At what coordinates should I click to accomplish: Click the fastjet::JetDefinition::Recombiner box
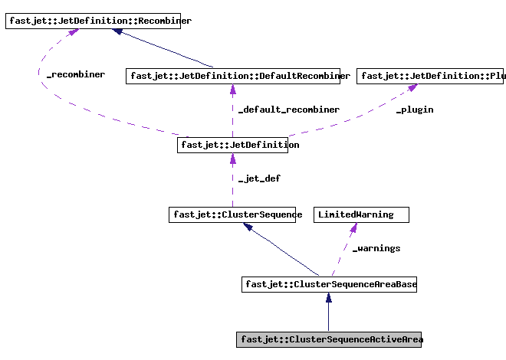98,21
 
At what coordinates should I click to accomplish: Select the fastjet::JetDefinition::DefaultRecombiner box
238,76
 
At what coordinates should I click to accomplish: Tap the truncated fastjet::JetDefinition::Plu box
432,76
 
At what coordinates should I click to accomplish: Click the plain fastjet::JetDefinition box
238,145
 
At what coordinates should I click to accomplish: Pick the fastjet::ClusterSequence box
236,214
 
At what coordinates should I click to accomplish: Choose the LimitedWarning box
361,214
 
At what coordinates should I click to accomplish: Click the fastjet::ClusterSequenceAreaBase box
330,284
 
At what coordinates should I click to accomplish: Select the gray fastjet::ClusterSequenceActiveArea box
330,339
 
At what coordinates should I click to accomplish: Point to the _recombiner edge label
76,75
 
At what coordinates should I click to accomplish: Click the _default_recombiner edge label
288,110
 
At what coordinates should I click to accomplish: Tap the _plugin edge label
414,110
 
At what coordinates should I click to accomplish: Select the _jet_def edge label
259,178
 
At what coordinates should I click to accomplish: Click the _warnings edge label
376,248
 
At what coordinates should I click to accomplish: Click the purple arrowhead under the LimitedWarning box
353,228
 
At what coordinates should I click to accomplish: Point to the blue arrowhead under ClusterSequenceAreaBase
328,299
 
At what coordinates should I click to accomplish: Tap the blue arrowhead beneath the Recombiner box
118,33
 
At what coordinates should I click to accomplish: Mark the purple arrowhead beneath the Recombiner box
72,34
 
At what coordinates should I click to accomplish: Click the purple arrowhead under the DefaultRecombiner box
232,90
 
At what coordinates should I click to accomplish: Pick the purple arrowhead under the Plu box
412,89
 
